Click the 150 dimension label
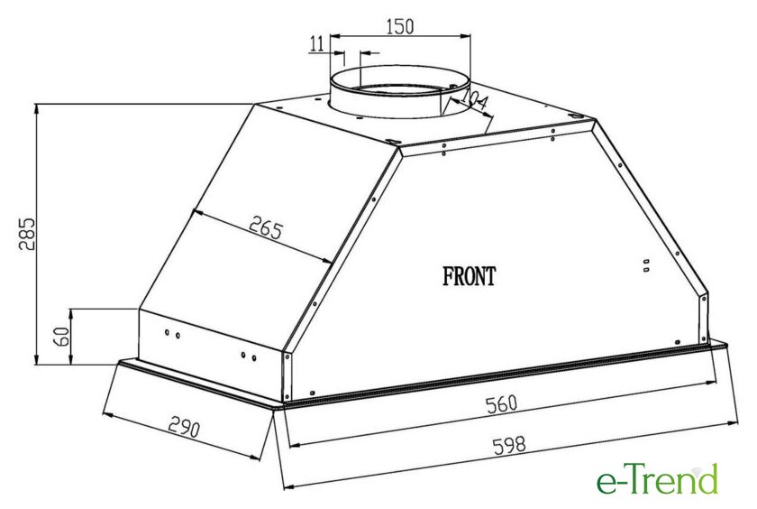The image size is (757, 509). [x=400, y=26]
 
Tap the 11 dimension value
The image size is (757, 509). [x=316, y=43]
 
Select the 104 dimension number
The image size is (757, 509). [x=474, y=100]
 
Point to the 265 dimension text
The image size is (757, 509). [x=265, y=227]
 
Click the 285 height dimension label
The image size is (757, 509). [x=27, y=234]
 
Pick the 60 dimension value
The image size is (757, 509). [x=61, y=337]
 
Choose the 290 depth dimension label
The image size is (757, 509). [x=184, y=427]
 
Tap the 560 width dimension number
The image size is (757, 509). [x=502, y=404]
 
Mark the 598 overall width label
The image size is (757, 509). [x=509, y=445]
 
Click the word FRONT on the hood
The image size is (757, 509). [x=469, y=276]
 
